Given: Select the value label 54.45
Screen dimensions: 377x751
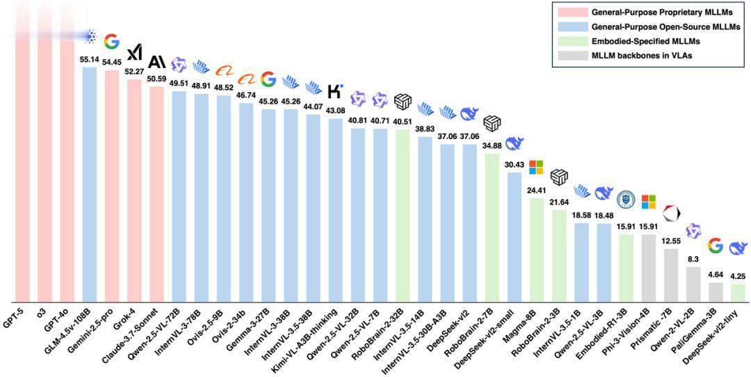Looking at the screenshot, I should click(x=111, y=62).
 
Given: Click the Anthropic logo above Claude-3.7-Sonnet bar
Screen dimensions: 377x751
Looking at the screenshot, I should click(x=156, y=62).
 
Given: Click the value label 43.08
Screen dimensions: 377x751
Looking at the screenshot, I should click(x=335, y=111).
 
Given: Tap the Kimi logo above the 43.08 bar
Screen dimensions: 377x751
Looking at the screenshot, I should click(x=335, y=91).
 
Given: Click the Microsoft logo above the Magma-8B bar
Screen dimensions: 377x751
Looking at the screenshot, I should click(x=536, y=167).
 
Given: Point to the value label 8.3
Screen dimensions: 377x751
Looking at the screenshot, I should click(x=693, y=259).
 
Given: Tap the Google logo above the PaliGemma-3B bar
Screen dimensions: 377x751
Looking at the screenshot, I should click(x=715, y=245).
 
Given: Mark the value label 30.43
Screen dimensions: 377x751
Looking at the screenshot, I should click(x=515, y=164).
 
